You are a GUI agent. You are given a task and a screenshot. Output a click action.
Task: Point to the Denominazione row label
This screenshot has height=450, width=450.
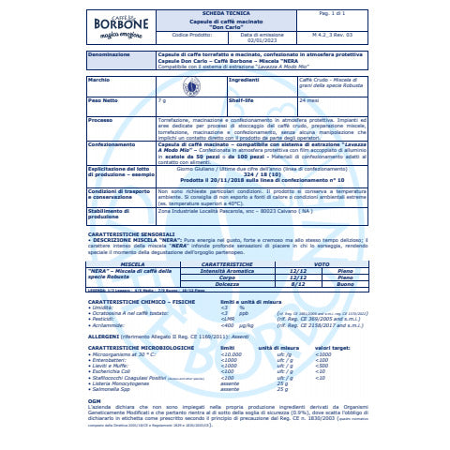(x=109, y=55)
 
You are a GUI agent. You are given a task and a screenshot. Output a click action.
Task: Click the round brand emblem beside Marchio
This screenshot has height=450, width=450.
(x=191, y=86)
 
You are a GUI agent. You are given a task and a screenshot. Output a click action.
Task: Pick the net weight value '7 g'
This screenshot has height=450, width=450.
(x=162, y=99)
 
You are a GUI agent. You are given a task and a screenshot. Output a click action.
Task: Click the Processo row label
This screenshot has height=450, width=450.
(x=100, y=120)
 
